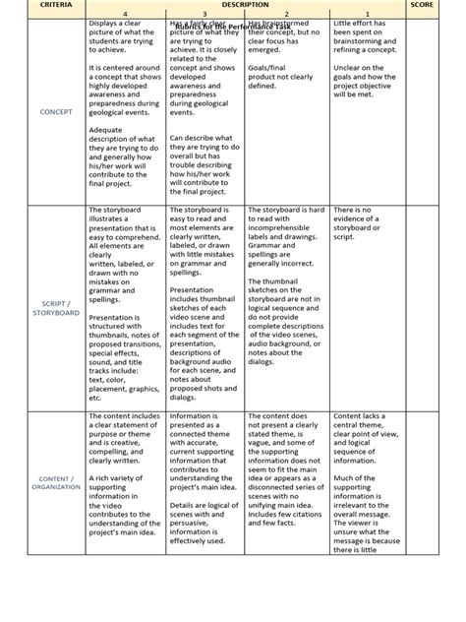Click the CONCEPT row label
[56, 112]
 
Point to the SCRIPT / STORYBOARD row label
[56, 308]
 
